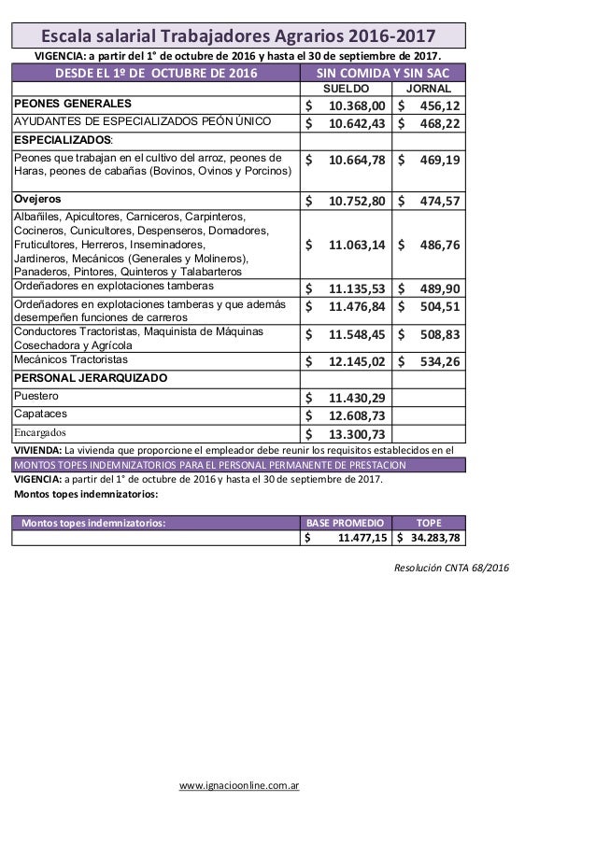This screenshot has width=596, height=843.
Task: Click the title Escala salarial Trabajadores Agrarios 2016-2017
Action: pyautogui.click(x=238, y=36)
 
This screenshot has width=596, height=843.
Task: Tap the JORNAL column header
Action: pyautogui.click(x=431, y=87)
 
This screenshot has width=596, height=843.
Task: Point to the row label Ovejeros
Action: pyautogui.click(x=38, y=199)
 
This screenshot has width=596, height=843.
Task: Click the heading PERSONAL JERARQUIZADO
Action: pyautogui.click(x=90, y=378)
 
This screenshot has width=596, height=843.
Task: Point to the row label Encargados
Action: pyautogui.click(x=39, y=432)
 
